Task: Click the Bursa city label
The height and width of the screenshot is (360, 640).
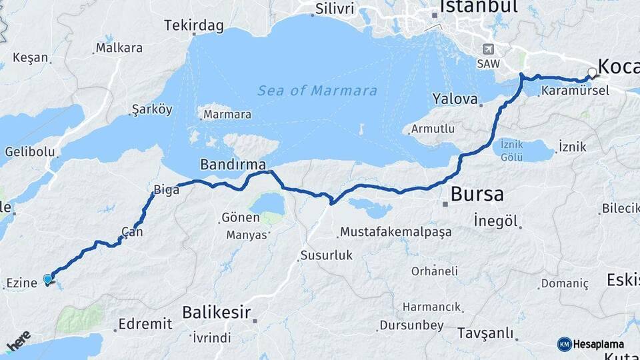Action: pyautogui.click(x=477, y=195)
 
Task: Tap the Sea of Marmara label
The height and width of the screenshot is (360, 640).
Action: pyautogui.click(x=317, y=91)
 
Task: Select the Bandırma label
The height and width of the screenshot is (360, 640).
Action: pyautogui.click(x=233, y=164)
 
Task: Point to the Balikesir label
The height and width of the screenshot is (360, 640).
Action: pyautogui.click(x=217, y=312)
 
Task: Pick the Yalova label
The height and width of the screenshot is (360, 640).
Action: pyautogui.click(x=456, y=99)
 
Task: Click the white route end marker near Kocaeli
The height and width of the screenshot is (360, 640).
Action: pyautogui.click(x=591, y=72)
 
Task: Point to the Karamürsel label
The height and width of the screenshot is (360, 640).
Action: pyautogui.click(x=575, y=91)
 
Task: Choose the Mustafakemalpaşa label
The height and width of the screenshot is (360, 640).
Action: pyautogui.click(x=396, y=233)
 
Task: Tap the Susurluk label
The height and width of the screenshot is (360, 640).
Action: pyautogui.click(x=326, y=255)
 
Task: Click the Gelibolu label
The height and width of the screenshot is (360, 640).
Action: pyautogui.click(x=30, y=151)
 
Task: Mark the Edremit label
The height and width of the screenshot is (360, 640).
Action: pyautogui.click(x=145, y=324)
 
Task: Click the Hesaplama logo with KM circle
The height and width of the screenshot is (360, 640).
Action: pyautogui.click(x=592, y=344)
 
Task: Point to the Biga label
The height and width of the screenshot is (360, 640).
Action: pyautogui.click(x=167, y=190)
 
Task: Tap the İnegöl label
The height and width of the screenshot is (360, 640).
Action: pyautogui.click(x=496, y=221)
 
